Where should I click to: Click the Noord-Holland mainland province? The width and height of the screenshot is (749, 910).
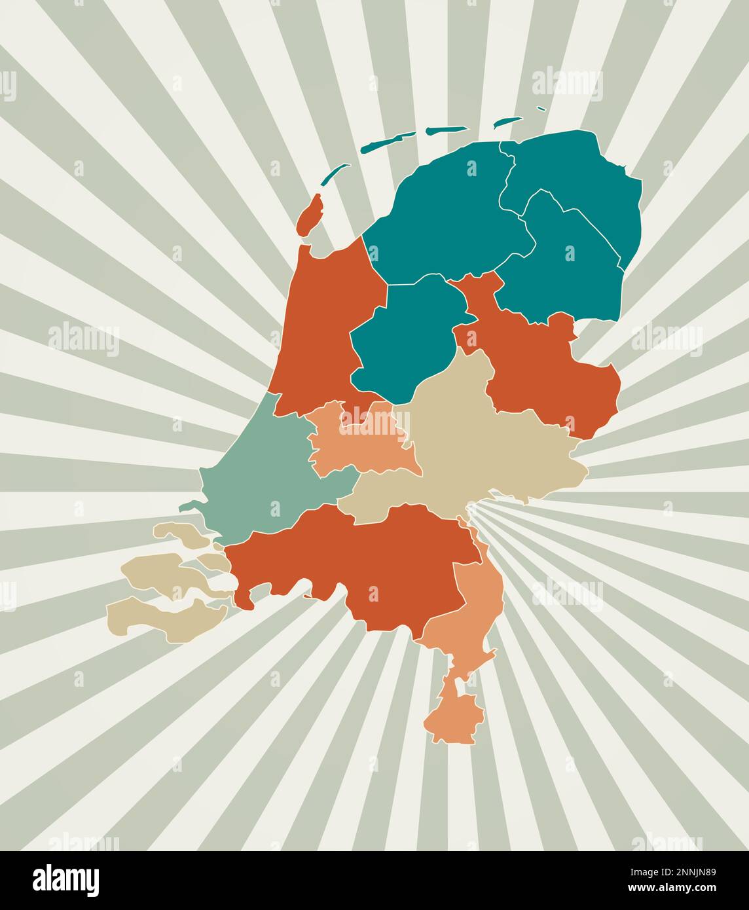pos(321,327)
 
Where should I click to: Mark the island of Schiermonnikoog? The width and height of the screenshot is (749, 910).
pos(507,122)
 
